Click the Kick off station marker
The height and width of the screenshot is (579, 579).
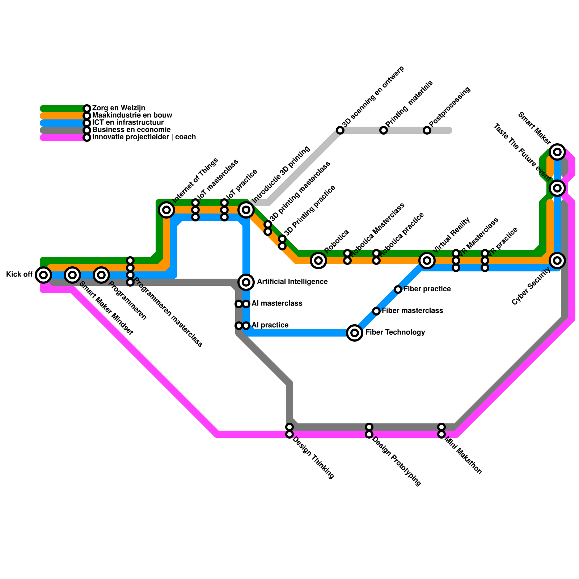[43, 275]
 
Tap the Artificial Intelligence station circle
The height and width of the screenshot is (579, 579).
[246, 282]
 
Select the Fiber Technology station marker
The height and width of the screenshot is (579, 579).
[355, 333]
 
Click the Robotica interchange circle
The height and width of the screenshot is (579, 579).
[318, 260]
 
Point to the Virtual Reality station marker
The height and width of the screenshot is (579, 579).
[427, 260]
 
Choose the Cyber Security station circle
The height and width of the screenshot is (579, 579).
[557, 260]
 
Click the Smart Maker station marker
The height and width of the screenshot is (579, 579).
[557, 152]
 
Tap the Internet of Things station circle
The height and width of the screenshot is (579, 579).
[166, 209]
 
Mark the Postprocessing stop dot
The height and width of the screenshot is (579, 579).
[427, 130]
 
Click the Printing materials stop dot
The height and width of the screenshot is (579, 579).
[384, 130]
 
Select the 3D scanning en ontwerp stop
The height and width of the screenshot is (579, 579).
[340, 130]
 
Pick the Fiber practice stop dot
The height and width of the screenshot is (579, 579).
[398, 289]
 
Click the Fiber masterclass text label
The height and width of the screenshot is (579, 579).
[412, 310]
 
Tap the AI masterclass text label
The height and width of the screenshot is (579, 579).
[277, 303]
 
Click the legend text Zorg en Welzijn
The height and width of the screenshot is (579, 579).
[119, 108]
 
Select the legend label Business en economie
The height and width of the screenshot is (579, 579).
[131, 130]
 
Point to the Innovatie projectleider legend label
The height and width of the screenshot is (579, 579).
[144, 137]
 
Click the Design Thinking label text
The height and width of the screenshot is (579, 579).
[313, 458]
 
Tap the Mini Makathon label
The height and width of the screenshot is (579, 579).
[463, 456]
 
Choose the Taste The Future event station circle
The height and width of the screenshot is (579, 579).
[557, 188]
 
